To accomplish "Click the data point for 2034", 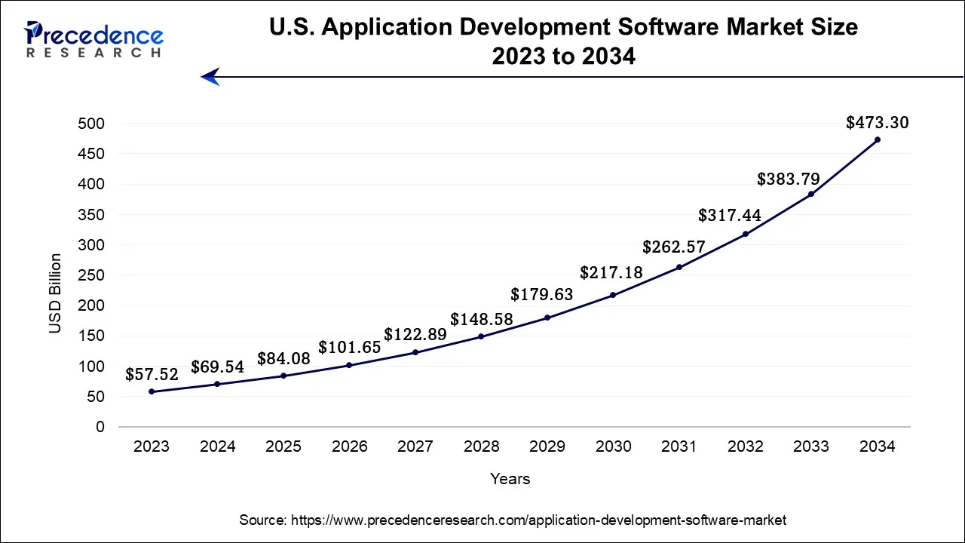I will (x=877, y=140).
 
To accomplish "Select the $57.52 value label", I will (x=151, y=374).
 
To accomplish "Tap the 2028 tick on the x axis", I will (x=481, y=446).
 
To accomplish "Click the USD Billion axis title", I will (x=55, y=293).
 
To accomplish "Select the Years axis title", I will (x=510, y=479).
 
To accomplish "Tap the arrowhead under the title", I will (x=210, y=76).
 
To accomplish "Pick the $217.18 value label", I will (x=611, y=273).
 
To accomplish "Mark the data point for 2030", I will (x=613, y=295).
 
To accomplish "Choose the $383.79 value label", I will (x=788, y=179).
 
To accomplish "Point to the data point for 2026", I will (x=349, y=365).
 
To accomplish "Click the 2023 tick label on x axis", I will (x=151, y=446).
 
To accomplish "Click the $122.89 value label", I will (x=415, y=334).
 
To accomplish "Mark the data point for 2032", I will (x=745, y=234).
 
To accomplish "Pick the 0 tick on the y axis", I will (x=100, y=427).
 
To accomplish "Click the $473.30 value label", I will (x=877, y=122).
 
